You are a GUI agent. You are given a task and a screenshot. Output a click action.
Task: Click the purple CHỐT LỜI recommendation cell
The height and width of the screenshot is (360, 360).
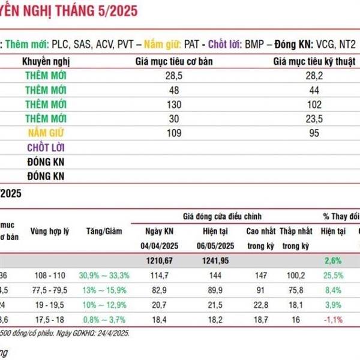pos(46,147)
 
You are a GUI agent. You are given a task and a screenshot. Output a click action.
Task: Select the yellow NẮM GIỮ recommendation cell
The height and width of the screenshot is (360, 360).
pos(46,133)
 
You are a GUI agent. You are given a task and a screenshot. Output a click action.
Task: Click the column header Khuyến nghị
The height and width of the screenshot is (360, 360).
pos(46,61)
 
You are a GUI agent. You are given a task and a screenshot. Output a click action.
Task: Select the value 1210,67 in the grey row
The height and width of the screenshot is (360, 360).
pos(163,260)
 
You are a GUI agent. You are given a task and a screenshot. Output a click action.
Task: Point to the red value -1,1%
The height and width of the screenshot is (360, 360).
pos(332,319)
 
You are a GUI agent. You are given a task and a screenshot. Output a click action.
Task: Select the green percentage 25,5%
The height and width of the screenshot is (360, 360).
pos(332,275)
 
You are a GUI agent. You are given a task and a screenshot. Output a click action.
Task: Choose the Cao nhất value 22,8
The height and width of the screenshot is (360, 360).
pos(260,304)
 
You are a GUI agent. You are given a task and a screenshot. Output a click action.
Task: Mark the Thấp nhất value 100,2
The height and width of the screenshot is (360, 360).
pos(295,275)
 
